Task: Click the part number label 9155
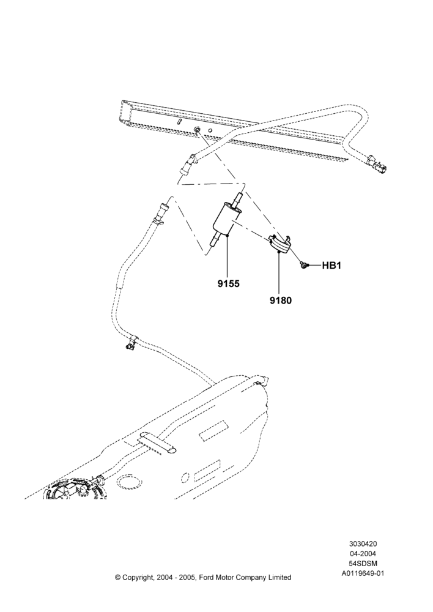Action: click(x=229, y=284)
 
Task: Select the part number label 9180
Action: click(x=281, y=300)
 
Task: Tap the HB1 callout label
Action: click(x=331, y=266)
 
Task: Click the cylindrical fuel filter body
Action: click(x=228, y=219)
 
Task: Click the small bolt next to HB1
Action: click(x=303, y=266)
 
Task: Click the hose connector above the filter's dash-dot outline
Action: click(x=189, y=164)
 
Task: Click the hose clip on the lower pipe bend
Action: click(x=130, y=343)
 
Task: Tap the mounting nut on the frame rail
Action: click(x=197, y=130)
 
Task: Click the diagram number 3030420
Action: click(x=363, y=543)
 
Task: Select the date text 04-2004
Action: click(x=363, y=553)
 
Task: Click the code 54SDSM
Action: click(x=363, y=563)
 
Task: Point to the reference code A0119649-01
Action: click(x=363, y=573)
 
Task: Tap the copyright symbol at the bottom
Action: click(x=117, y=577)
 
